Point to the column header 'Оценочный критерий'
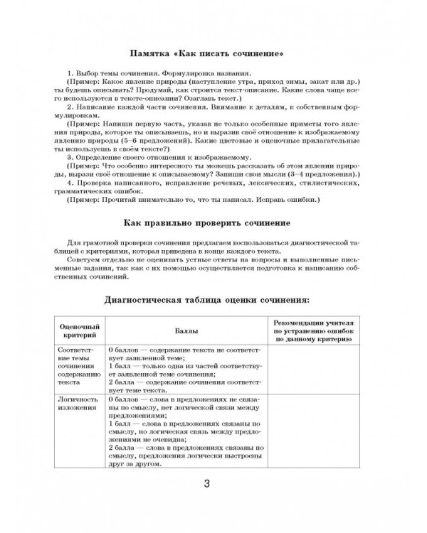[x=78, y=331]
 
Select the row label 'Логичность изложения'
[x=73, y=405]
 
